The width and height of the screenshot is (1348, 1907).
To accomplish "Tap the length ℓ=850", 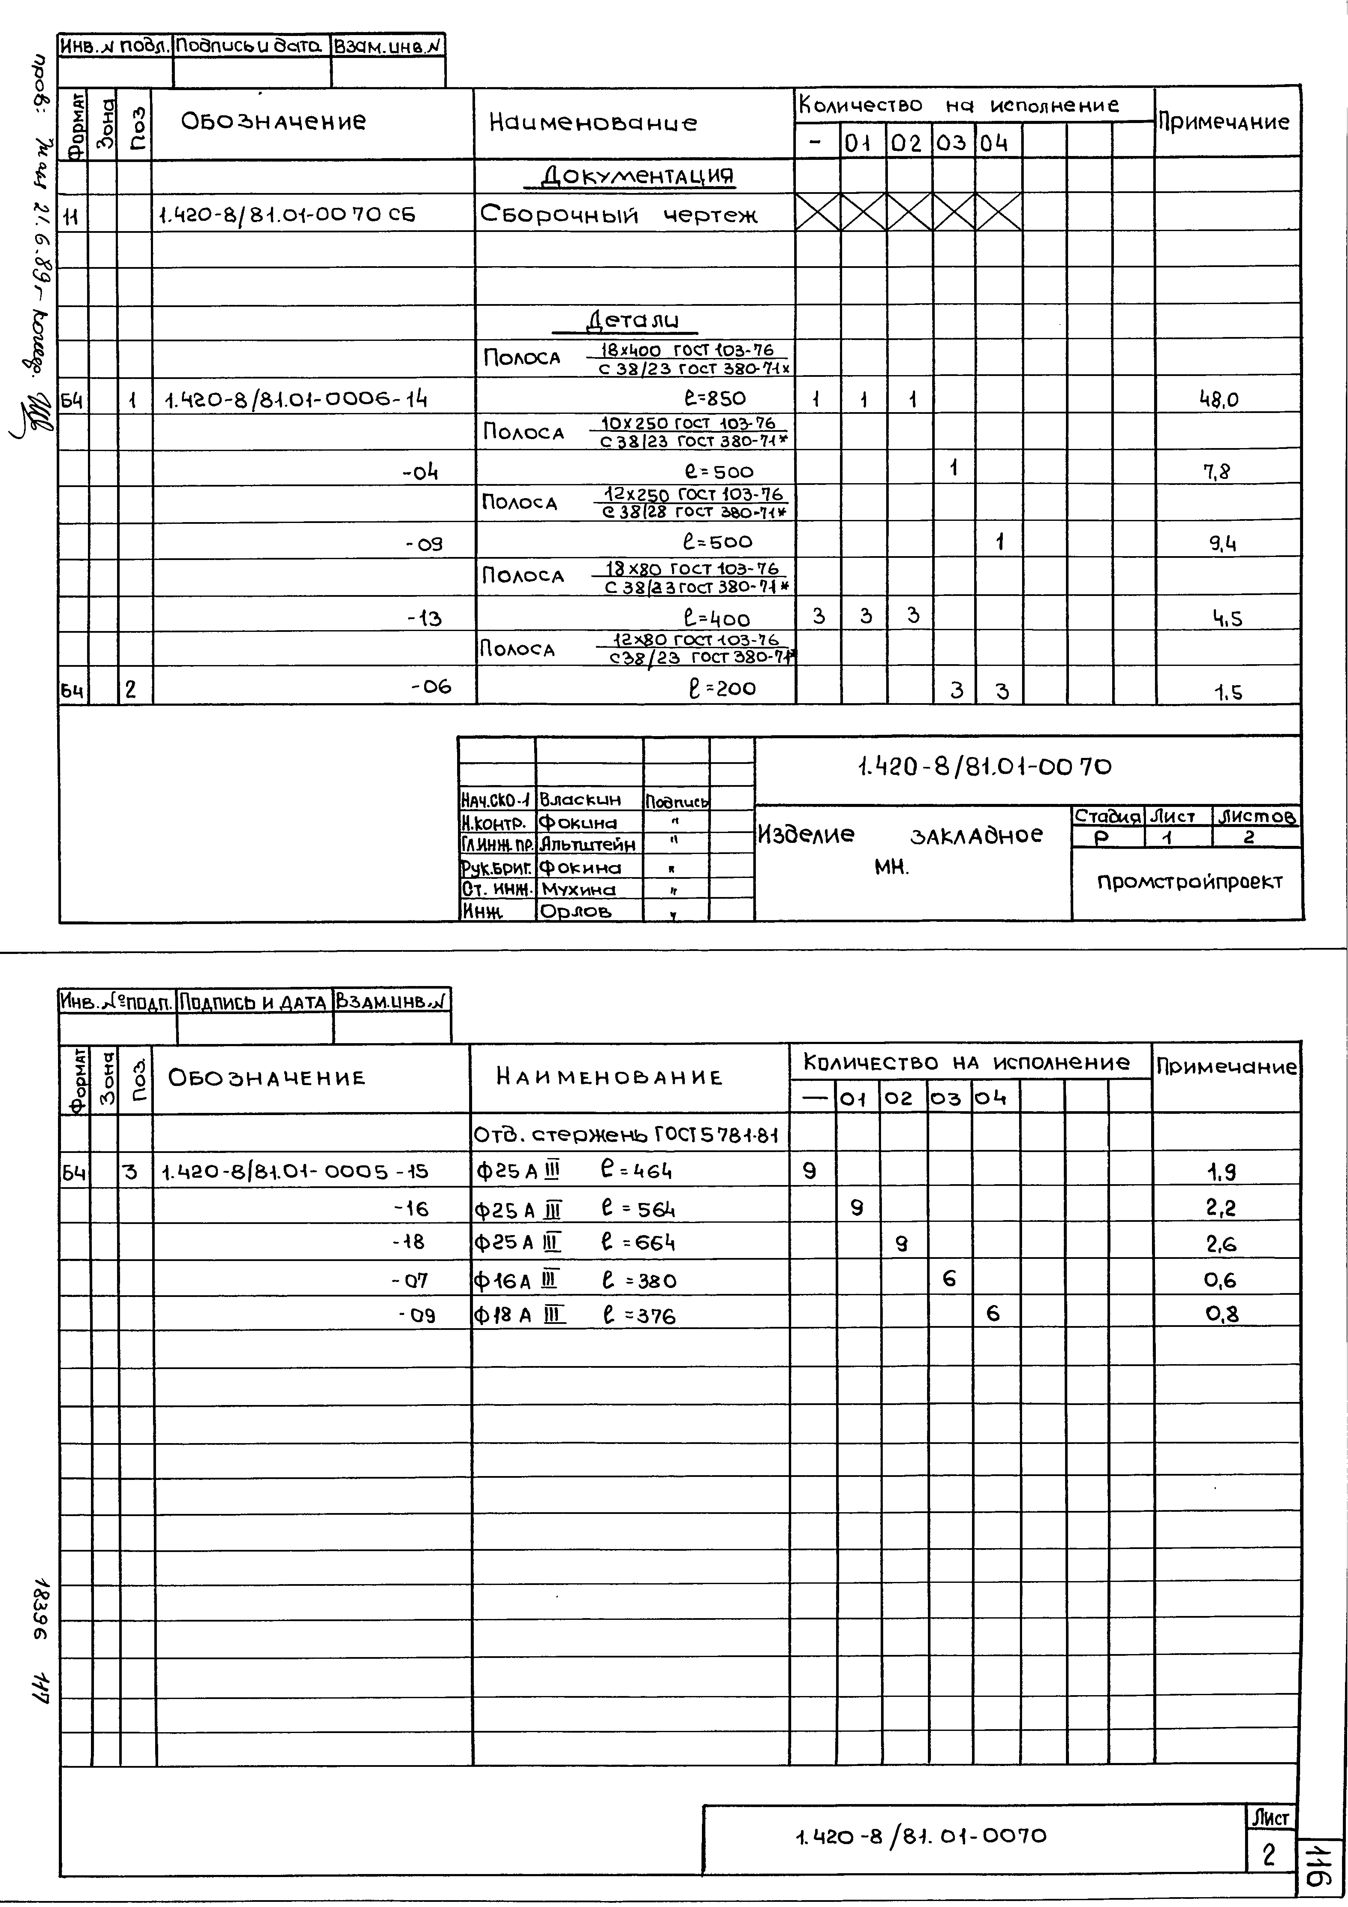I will click(x=714, y=399).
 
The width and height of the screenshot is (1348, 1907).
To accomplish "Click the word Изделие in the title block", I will click(x=806, y=834).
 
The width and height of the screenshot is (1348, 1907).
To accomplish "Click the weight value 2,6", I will click(x=1221, y=1244).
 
